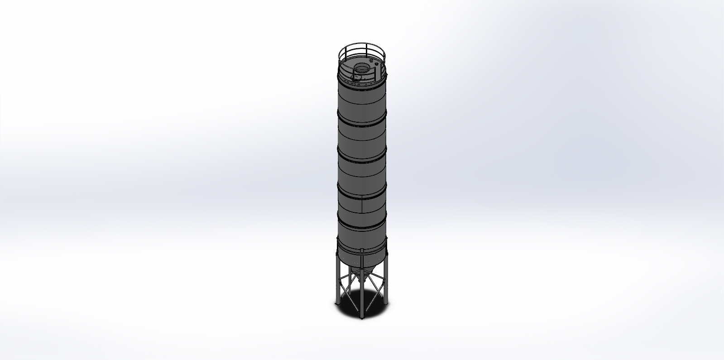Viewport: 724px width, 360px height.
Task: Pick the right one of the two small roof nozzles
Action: [x=376, y=63]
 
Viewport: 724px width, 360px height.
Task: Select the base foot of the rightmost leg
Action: [x=387, y=303]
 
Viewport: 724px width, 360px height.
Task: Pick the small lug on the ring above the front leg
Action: [x=362, y=250]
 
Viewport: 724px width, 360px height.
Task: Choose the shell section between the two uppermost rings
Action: [x=362, y=101]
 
